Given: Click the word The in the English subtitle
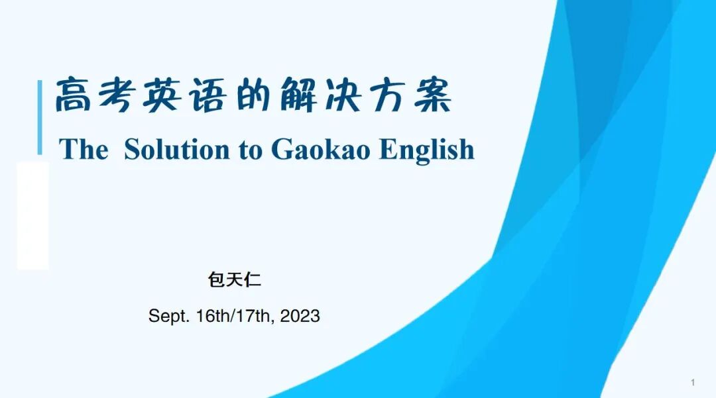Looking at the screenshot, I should [83, 149].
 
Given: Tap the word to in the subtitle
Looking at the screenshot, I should [251, 150].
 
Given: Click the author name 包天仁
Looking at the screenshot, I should [235, 280].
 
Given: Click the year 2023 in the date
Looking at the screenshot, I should [300, 316].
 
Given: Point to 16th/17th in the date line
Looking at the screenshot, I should [234, 316].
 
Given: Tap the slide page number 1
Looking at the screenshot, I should [693, 383].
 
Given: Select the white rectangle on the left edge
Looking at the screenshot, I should [32, 216].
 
